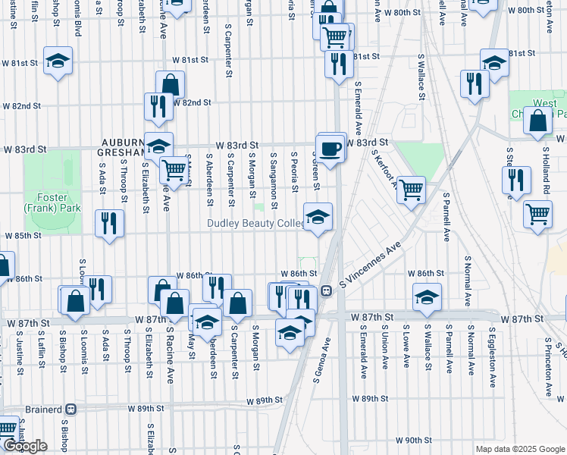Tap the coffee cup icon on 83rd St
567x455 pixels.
pyautogui.click(x=330, y=148)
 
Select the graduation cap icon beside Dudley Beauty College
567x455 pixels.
pyautogui.click(x=318, y=217)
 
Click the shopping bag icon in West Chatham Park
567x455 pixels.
pyautogui.click(x=537, y=121)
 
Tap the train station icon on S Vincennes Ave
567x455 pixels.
pyautogui.click(x=324, y=290)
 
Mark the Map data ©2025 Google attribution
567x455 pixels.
pyautogui.click(x=519, y=449)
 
